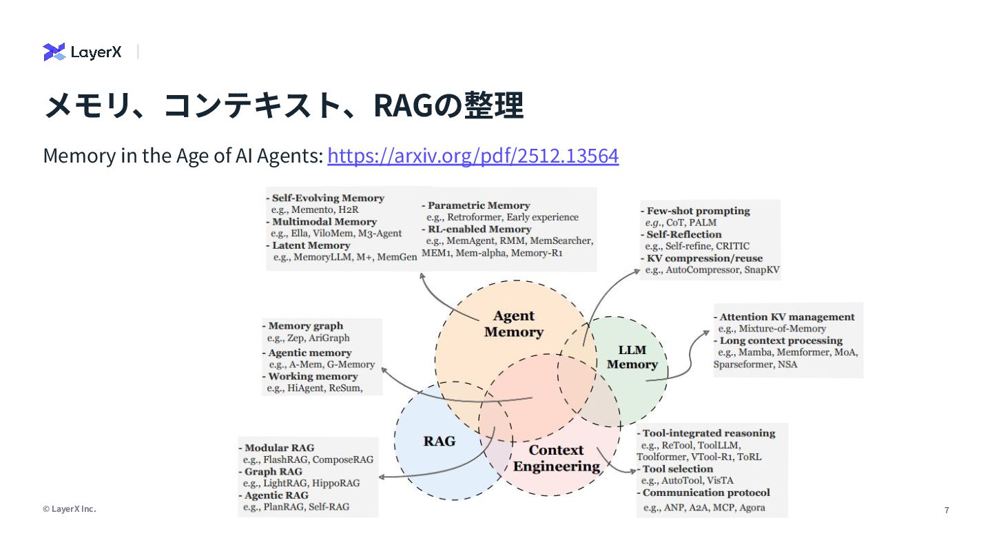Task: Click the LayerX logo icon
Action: (54, 52)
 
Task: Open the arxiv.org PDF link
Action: (473, 156)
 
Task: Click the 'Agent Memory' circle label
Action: (514, 324)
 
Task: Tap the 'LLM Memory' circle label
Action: (632, 357)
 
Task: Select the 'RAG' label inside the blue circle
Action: (439, 441)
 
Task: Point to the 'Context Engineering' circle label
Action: (556, 458)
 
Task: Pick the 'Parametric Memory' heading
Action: (479, 205)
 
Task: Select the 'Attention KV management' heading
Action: (787, 317)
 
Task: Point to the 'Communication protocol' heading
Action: (706, 493)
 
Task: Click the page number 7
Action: (947, 510)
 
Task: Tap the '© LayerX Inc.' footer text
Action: (70, 509)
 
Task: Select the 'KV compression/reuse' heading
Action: (704, 258)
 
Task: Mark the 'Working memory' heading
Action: (313, 376)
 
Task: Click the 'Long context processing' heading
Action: (781, 340)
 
